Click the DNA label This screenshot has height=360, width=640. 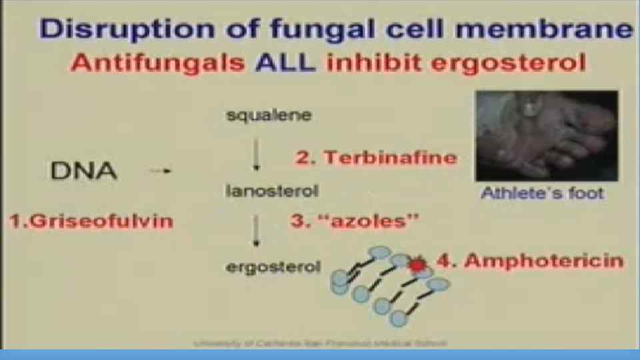(83, 171)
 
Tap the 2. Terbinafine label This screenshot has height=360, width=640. (377, 158)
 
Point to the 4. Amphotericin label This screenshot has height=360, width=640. (530, 261)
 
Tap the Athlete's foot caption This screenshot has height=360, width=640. (542, 194)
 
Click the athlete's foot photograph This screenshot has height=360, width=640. (546, 135)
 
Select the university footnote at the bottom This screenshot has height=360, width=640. (320, 343)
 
